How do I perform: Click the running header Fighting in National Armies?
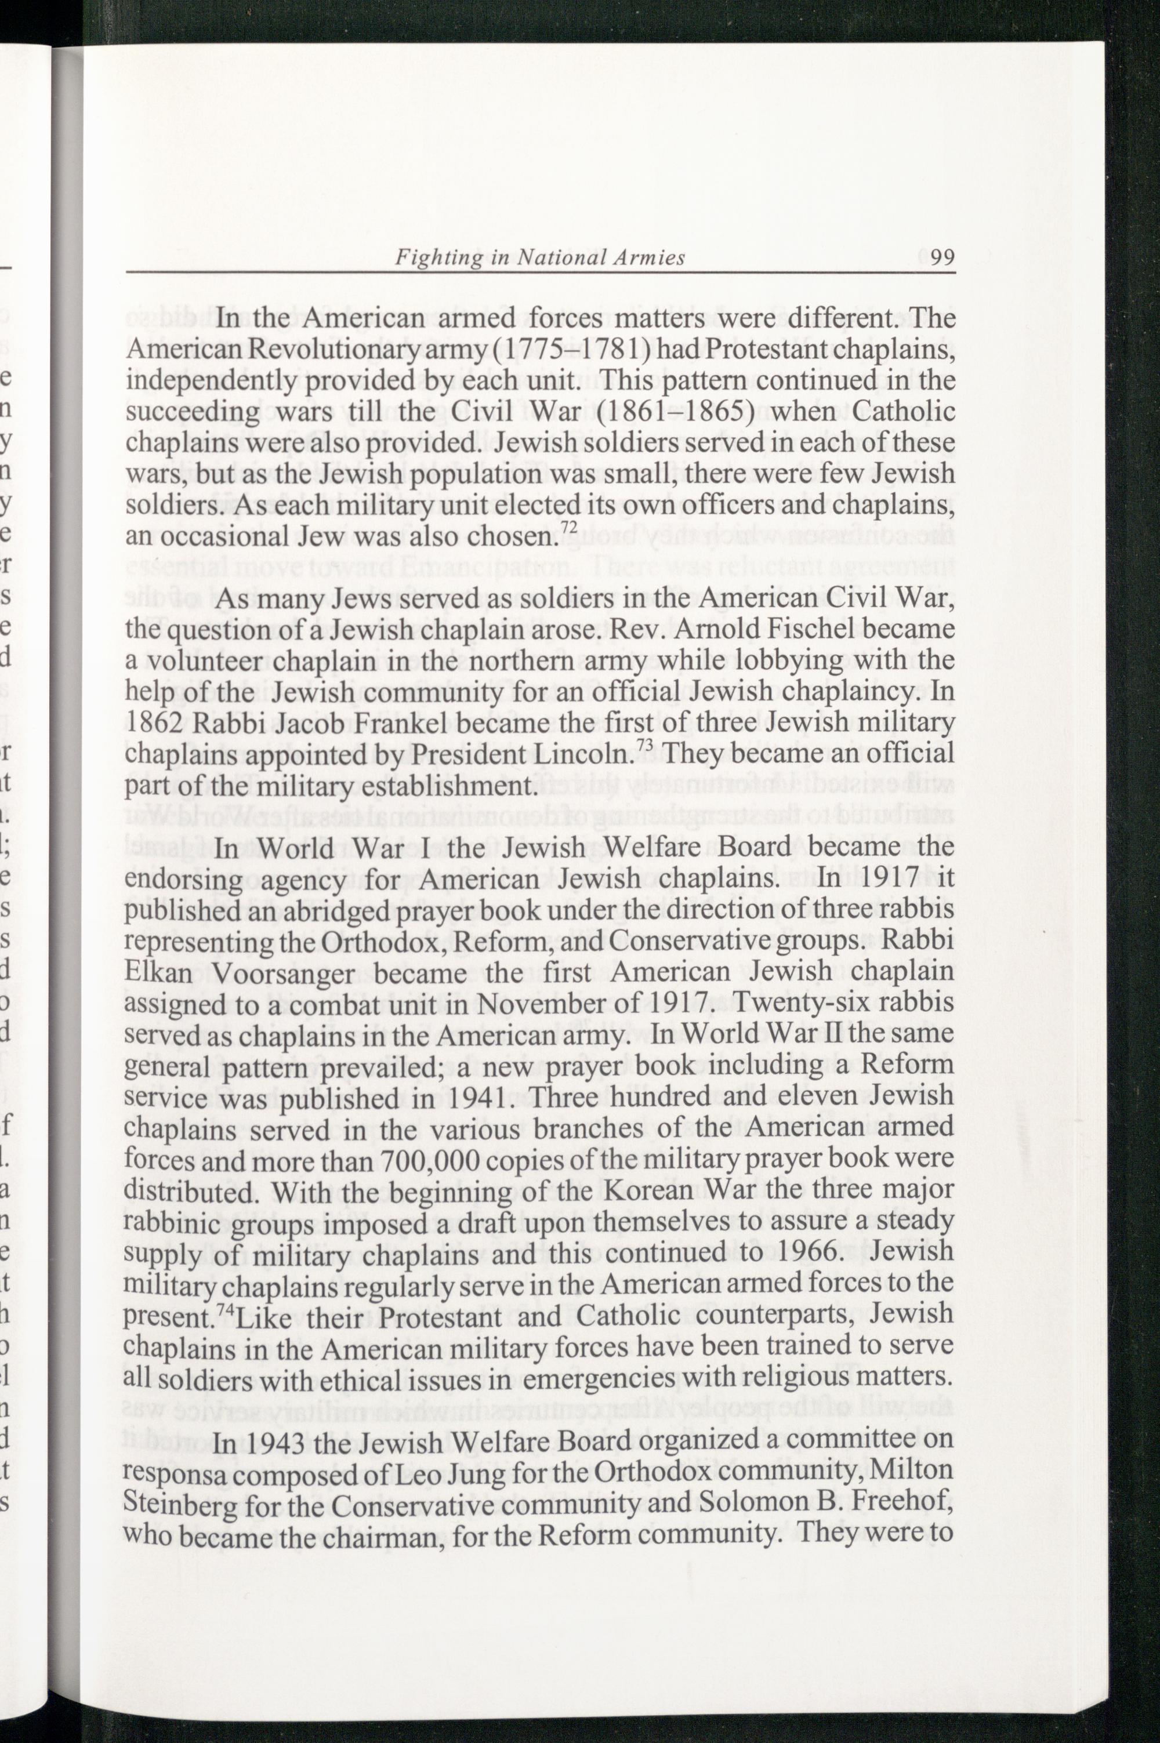[x=539, y=257]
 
